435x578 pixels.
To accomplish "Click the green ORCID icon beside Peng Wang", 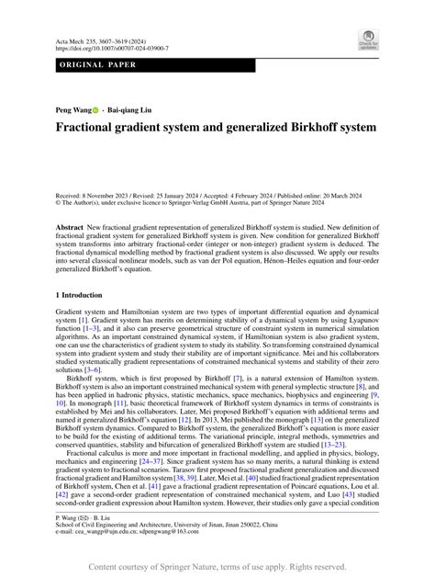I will pyautogui.click(x=95, y=110).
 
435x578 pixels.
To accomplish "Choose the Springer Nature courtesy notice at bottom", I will pyautogui.click(x=217, y=568).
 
